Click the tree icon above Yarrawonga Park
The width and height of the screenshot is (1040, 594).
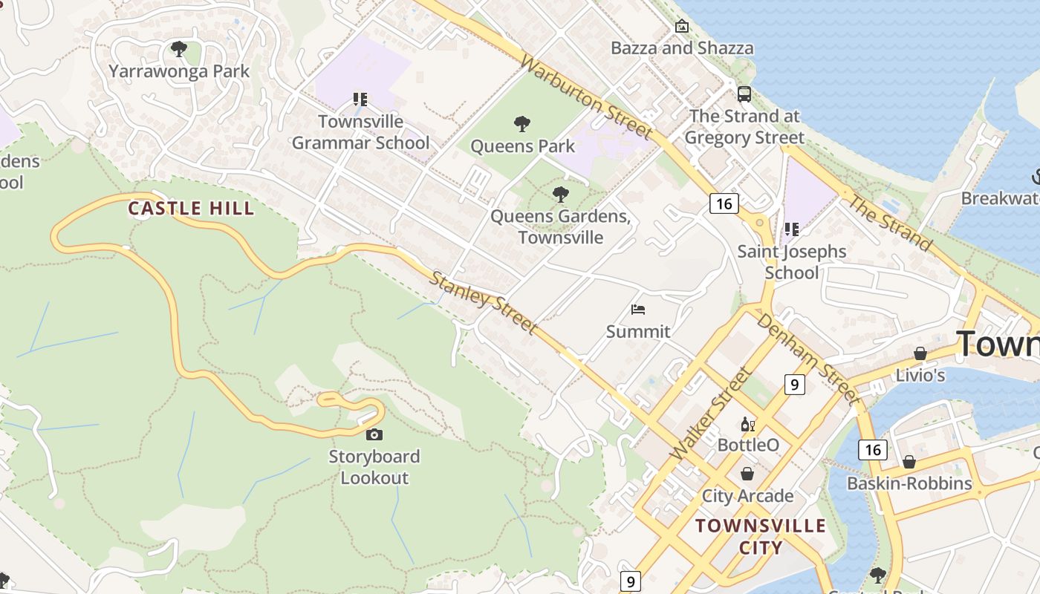178,49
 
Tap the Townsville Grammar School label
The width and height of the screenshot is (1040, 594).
360,132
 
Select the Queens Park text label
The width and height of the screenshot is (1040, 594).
522,146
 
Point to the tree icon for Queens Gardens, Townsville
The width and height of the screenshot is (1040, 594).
561,195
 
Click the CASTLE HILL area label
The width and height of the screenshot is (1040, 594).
191,209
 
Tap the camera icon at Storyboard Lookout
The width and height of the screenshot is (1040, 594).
374,434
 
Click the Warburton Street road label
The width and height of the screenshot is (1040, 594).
586,96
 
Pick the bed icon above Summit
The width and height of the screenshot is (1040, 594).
637,310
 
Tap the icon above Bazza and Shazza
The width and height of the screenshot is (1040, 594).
681,27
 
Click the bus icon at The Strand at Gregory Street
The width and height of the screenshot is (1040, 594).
744,94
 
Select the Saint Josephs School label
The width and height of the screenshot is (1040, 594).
791,262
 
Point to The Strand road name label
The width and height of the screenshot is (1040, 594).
890,223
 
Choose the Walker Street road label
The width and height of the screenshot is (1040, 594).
711,413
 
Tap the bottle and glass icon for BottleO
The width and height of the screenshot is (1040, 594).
747,424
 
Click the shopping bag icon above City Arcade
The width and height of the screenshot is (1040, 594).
747,474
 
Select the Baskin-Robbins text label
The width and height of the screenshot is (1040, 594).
909,483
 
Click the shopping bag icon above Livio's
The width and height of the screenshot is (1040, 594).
920,353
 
